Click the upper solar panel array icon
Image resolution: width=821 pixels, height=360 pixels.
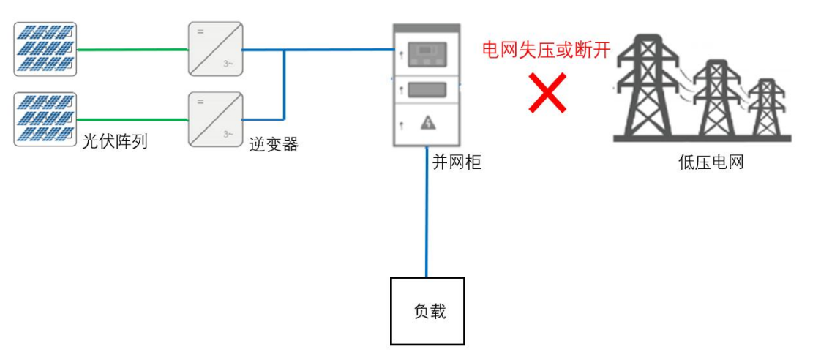45,49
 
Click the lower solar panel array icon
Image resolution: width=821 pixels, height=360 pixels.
45,119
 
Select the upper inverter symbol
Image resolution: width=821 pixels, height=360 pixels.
215,49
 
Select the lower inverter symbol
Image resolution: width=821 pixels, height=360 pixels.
215,119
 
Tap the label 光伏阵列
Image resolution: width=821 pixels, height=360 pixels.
115,142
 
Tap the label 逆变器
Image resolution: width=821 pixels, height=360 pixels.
274,145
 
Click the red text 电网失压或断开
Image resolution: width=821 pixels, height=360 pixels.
546,50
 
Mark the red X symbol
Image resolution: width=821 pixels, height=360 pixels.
548,92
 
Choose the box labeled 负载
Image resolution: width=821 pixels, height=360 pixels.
428,311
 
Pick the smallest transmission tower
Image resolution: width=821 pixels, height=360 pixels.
766,108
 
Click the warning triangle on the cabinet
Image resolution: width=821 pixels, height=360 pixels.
427,124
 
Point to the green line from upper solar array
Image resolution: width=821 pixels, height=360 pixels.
132,50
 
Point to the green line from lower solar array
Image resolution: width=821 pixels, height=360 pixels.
132,119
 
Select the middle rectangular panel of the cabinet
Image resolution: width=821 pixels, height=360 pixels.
427,89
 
